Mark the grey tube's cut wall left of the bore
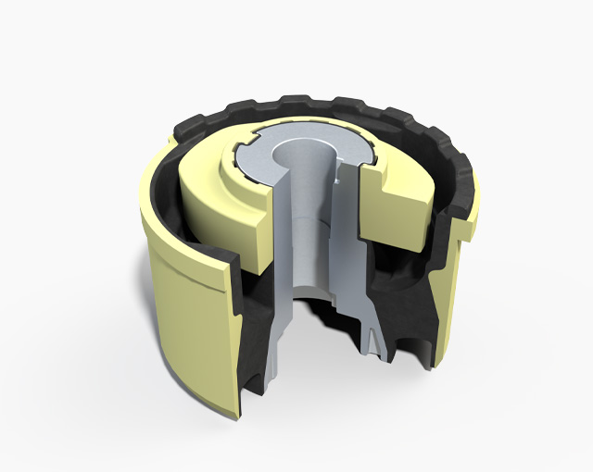click(x=284, y=268)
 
